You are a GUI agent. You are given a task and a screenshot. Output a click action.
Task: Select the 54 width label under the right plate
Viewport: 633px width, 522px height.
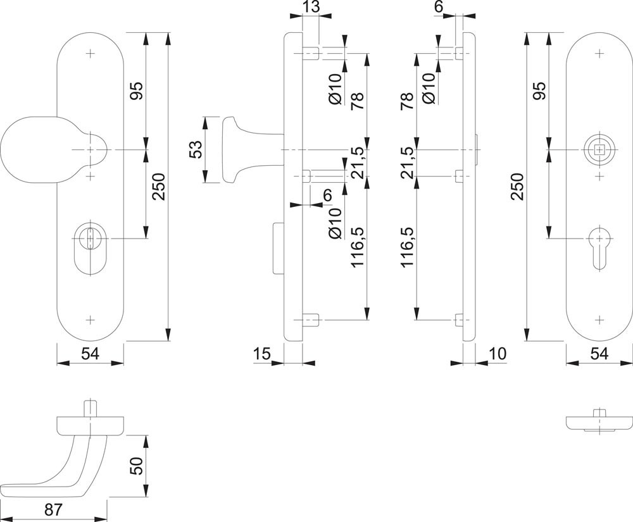point(598,354)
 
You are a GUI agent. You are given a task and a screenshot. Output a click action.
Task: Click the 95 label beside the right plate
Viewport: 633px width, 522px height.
point(539,90)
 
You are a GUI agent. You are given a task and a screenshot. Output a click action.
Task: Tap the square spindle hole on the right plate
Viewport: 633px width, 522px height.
point(598,149)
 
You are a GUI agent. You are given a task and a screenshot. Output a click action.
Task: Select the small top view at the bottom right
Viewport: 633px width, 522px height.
point(598,422)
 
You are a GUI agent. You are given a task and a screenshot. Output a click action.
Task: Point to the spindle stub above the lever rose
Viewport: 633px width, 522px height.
point(91,407)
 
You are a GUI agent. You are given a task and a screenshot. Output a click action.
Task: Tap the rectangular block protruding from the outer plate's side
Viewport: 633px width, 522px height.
point(279,248)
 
